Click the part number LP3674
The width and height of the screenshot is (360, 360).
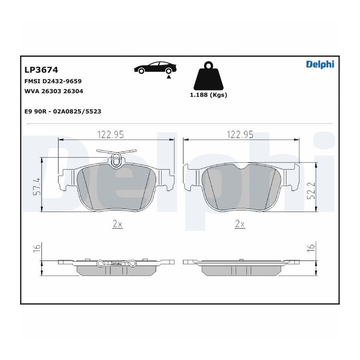[41, 70]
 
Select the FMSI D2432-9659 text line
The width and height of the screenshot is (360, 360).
[53, 81]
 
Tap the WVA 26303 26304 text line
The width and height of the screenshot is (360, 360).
[54, 91]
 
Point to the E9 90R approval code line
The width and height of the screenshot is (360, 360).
[63, 111]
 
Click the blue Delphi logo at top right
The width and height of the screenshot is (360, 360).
[320, 64]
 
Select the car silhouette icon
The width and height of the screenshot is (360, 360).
[155, 67]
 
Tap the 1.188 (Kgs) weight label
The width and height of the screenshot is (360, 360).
[208, 95]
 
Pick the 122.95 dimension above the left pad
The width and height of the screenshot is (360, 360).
[110, 134]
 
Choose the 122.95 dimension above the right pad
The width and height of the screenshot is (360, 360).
[240, 134]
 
